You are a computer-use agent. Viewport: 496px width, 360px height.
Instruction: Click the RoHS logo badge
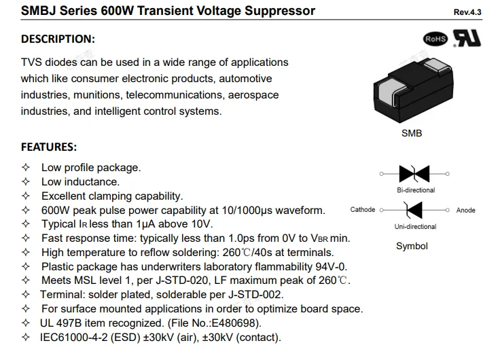click(436, 39)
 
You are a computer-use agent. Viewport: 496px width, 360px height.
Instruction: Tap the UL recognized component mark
click(467, 38)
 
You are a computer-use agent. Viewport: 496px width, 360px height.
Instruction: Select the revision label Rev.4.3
click(467, 12)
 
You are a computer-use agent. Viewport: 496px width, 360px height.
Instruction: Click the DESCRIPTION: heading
click(58, 39)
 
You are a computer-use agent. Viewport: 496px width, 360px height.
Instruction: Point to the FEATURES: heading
click(49, 147)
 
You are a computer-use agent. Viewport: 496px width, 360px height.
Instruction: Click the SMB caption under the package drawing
click(412, 133)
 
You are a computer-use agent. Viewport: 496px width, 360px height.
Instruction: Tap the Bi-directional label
click(416, 190)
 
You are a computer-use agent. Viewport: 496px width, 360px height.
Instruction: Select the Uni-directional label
click(415, 226)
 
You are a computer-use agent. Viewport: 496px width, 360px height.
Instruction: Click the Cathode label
click(363, 210)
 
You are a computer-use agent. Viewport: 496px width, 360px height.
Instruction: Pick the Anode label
click(465, 211)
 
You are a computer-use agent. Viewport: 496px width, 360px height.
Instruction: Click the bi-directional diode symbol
click(414, 174)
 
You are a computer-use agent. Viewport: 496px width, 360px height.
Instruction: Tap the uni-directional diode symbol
click(414, 210)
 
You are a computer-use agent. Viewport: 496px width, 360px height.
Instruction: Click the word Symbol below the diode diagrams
click(412, 246)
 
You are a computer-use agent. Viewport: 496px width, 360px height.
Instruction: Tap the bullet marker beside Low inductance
click(26, 181)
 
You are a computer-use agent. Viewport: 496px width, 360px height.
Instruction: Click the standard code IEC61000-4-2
click(73, 337)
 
